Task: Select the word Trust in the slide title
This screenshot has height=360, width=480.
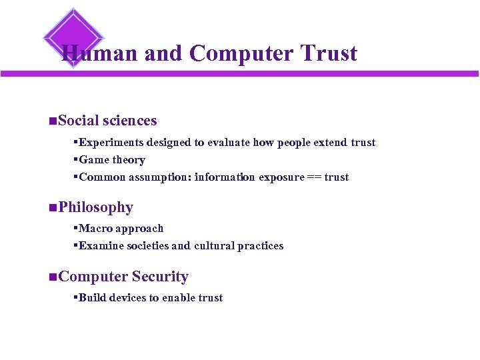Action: coord(329,53)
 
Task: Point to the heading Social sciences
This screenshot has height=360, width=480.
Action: coord(107,121)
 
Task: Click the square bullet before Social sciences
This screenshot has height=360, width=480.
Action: coord(53,121)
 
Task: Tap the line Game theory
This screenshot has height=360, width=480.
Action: coord(111,160)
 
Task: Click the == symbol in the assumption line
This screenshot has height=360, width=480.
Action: coord(313,177)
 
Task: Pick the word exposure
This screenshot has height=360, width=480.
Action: coord(280,177)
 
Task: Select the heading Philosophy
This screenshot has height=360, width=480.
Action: coord(95,207)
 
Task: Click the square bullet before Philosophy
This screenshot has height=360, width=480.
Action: coord(53,208)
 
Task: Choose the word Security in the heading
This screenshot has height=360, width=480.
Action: coord(160,277)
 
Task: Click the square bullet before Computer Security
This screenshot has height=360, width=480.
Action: coord(53,277)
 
